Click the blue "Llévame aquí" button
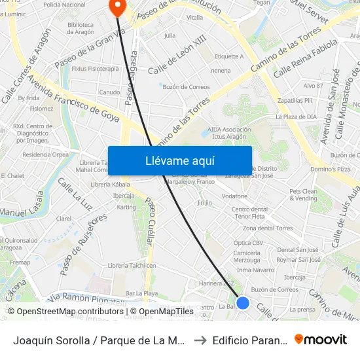point(179,160)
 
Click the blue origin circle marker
point(243,302)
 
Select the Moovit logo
point(321,339)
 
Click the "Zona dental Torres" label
point(268,228)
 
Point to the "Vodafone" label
point(235,196)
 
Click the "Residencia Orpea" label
point(45,155)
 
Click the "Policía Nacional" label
point(64,5)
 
